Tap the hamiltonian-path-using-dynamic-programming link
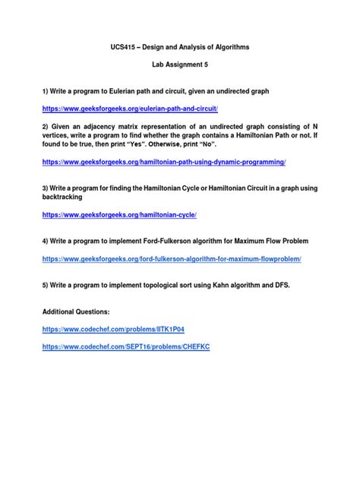(x=164, y=162)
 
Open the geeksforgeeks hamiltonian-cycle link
(x=120, y=215)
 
